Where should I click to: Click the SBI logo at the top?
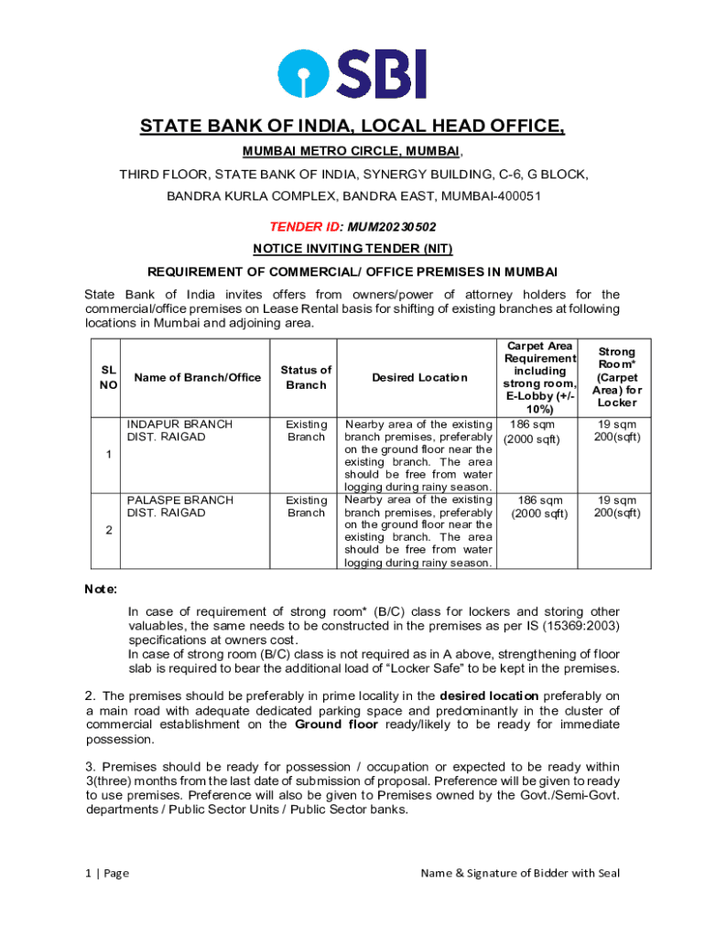pos(352,74)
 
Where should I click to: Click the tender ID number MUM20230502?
pos(384,227)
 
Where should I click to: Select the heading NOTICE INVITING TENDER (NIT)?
pos(352,249)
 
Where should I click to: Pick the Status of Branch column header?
pos(306,378)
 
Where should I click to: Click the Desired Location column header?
pos(419,378)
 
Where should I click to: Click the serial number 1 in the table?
pos(108,455)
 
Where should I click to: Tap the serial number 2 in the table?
pos(108,531)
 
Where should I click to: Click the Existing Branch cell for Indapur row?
pos(306,430)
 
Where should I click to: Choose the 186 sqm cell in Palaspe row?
pos(539,507)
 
